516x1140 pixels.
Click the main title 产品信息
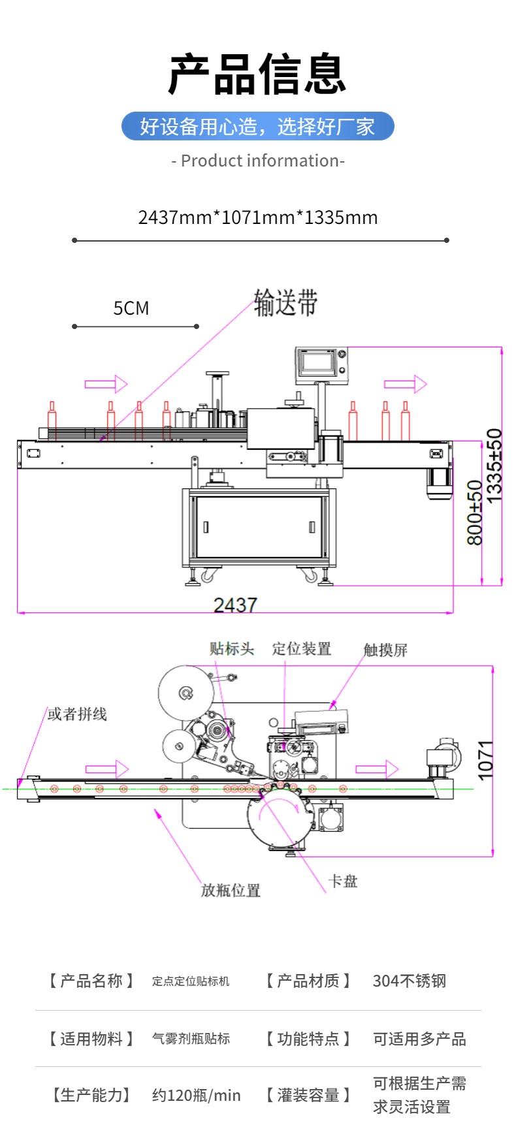(x=257, y=74)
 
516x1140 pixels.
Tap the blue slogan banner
(x=257, y=126)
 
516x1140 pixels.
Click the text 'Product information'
(x=257, y=161)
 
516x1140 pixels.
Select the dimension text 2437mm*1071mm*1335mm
(x=257, y=217)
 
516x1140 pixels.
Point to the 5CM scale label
(x=131, y=308)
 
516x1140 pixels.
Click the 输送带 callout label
(x=285, y=303)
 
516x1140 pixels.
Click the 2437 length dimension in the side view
(x=235, y=605)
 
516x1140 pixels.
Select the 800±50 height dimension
(x=475, y=513)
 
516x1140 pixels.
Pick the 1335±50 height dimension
(x=494, y=466)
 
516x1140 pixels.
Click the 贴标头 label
(x=231, y=648)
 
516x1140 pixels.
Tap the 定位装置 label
(x=301, y=648)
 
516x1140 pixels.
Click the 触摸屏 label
(x=385, y=650)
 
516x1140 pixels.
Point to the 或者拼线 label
(x=77, y=714)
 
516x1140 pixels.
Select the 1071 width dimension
(x=485, y=760)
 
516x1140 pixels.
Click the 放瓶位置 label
(x=231, y=890)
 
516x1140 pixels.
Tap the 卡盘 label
(x=343, y=881)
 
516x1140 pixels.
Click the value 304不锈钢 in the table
(x=409, y=981)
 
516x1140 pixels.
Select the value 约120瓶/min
(x=196, y=1095)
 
